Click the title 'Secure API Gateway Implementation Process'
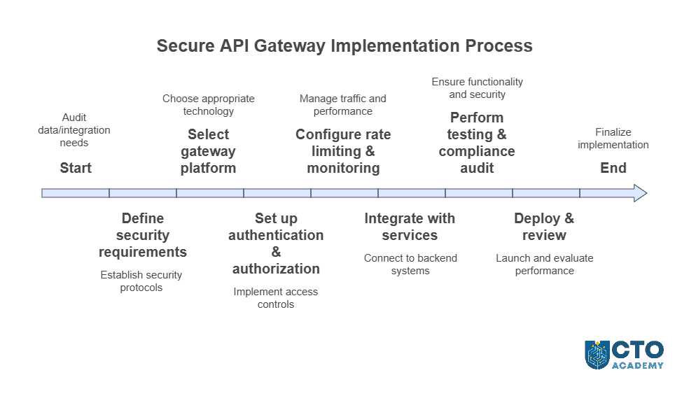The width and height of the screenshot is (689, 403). click(x=344, y=46)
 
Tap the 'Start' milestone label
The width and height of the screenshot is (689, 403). click(x=76, y=168)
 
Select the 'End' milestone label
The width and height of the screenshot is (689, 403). click(x=613, y=168)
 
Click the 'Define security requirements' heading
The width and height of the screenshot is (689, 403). click(x=142, y=235)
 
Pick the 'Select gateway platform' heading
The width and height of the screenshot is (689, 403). click(x=209, y=151)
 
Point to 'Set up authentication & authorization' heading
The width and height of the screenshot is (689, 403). click(x=276, y=243)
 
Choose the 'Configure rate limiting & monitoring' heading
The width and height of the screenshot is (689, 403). click(x=343, y=151)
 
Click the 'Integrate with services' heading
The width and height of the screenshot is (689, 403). click(x=410, y=227)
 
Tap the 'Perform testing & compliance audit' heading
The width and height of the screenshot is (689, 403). click(x=477, y=143)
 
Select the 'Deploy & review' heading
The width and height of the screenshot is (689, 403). click(x=544, y=227)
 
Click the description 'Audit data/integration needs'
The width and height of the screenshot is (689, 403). click(x=74, y=130)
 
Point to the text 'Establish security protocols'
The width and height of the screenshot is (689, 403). click(x=141, y=281)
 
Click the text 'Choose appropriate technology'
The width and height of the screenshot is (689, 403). click(x=209, y=105)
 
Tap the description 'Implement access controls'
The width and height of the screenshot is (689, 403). click(x=276, y=298)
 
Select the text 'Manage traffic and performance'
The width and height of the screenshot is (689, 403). click(x=343, y=105)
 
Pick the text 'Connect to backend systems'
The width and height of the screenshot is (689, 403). click(x=410, y=264)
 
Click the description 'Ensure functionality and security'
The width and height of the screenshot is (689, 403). click(x=477, y=88)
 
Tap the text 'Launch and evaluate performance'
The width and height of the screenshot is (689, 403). click(x=545, y=264)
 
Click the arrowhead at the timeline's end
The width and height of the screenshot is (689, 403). click(x=639, y=193)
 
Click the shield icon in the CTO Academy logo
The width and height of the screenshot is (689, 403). click(x=597, y=355)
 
